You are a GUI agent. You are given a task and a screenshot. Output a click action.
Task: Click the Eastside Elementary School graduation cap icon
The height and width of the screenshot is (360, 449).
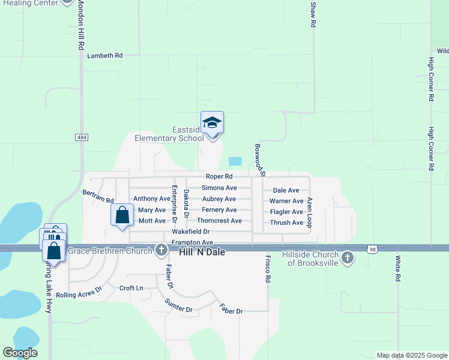212,123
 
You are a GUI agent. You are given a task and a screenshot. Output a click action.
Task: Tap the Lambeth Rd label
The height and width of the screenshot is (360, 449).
105,55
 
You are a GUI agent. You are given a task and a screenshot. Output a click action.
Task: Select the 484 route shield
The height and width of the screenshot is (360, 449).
82,137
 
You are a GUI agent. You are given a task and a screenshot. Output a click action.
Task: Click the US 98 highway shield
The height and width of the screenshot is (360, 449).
373,248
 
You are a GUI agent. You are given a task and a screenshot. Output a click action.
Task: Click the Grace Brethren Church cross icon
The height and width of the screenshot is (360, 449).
161,251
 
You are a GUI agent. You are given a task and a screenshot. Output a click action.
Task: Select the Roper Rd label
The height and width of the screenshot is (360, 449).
219,176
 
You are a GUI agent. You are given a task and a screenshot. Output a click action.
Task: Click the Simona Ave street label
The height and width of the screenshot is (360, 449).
219,188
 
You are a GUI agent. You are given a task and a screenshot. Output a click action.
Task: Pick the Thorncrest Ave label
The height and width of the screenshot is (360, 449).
220,221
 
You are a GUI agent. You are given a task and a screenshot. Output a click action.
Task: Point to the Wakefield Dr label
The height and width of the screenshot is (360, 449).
191,232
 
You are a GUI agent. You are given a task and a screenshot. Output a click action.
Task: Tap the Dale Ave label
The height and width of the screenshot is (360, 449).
286,190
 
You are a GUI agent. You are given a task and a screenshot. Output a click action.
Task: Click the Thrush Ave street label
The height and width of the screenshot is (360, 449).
287,223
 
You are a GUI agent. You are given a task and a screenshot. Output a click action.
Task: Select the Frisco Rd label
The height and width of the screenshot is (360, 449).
268,269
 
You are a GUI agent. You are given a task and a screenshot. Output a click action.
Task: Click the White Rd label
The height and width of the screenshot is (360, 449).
397,269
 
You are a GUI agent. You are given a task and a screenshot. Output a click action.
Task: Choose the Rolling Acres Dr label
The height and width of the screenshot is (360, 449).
79,294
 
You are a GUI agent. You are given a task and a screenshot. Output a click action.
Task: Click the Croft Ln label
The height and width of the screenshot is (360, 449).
131,288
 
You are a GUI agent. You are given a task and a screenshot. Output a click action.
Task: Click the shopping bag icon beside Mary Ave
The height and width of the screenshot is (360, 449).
122,215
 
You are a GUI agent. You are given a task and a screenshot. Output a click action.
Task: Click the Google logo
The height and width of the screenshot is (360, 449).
20,353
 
